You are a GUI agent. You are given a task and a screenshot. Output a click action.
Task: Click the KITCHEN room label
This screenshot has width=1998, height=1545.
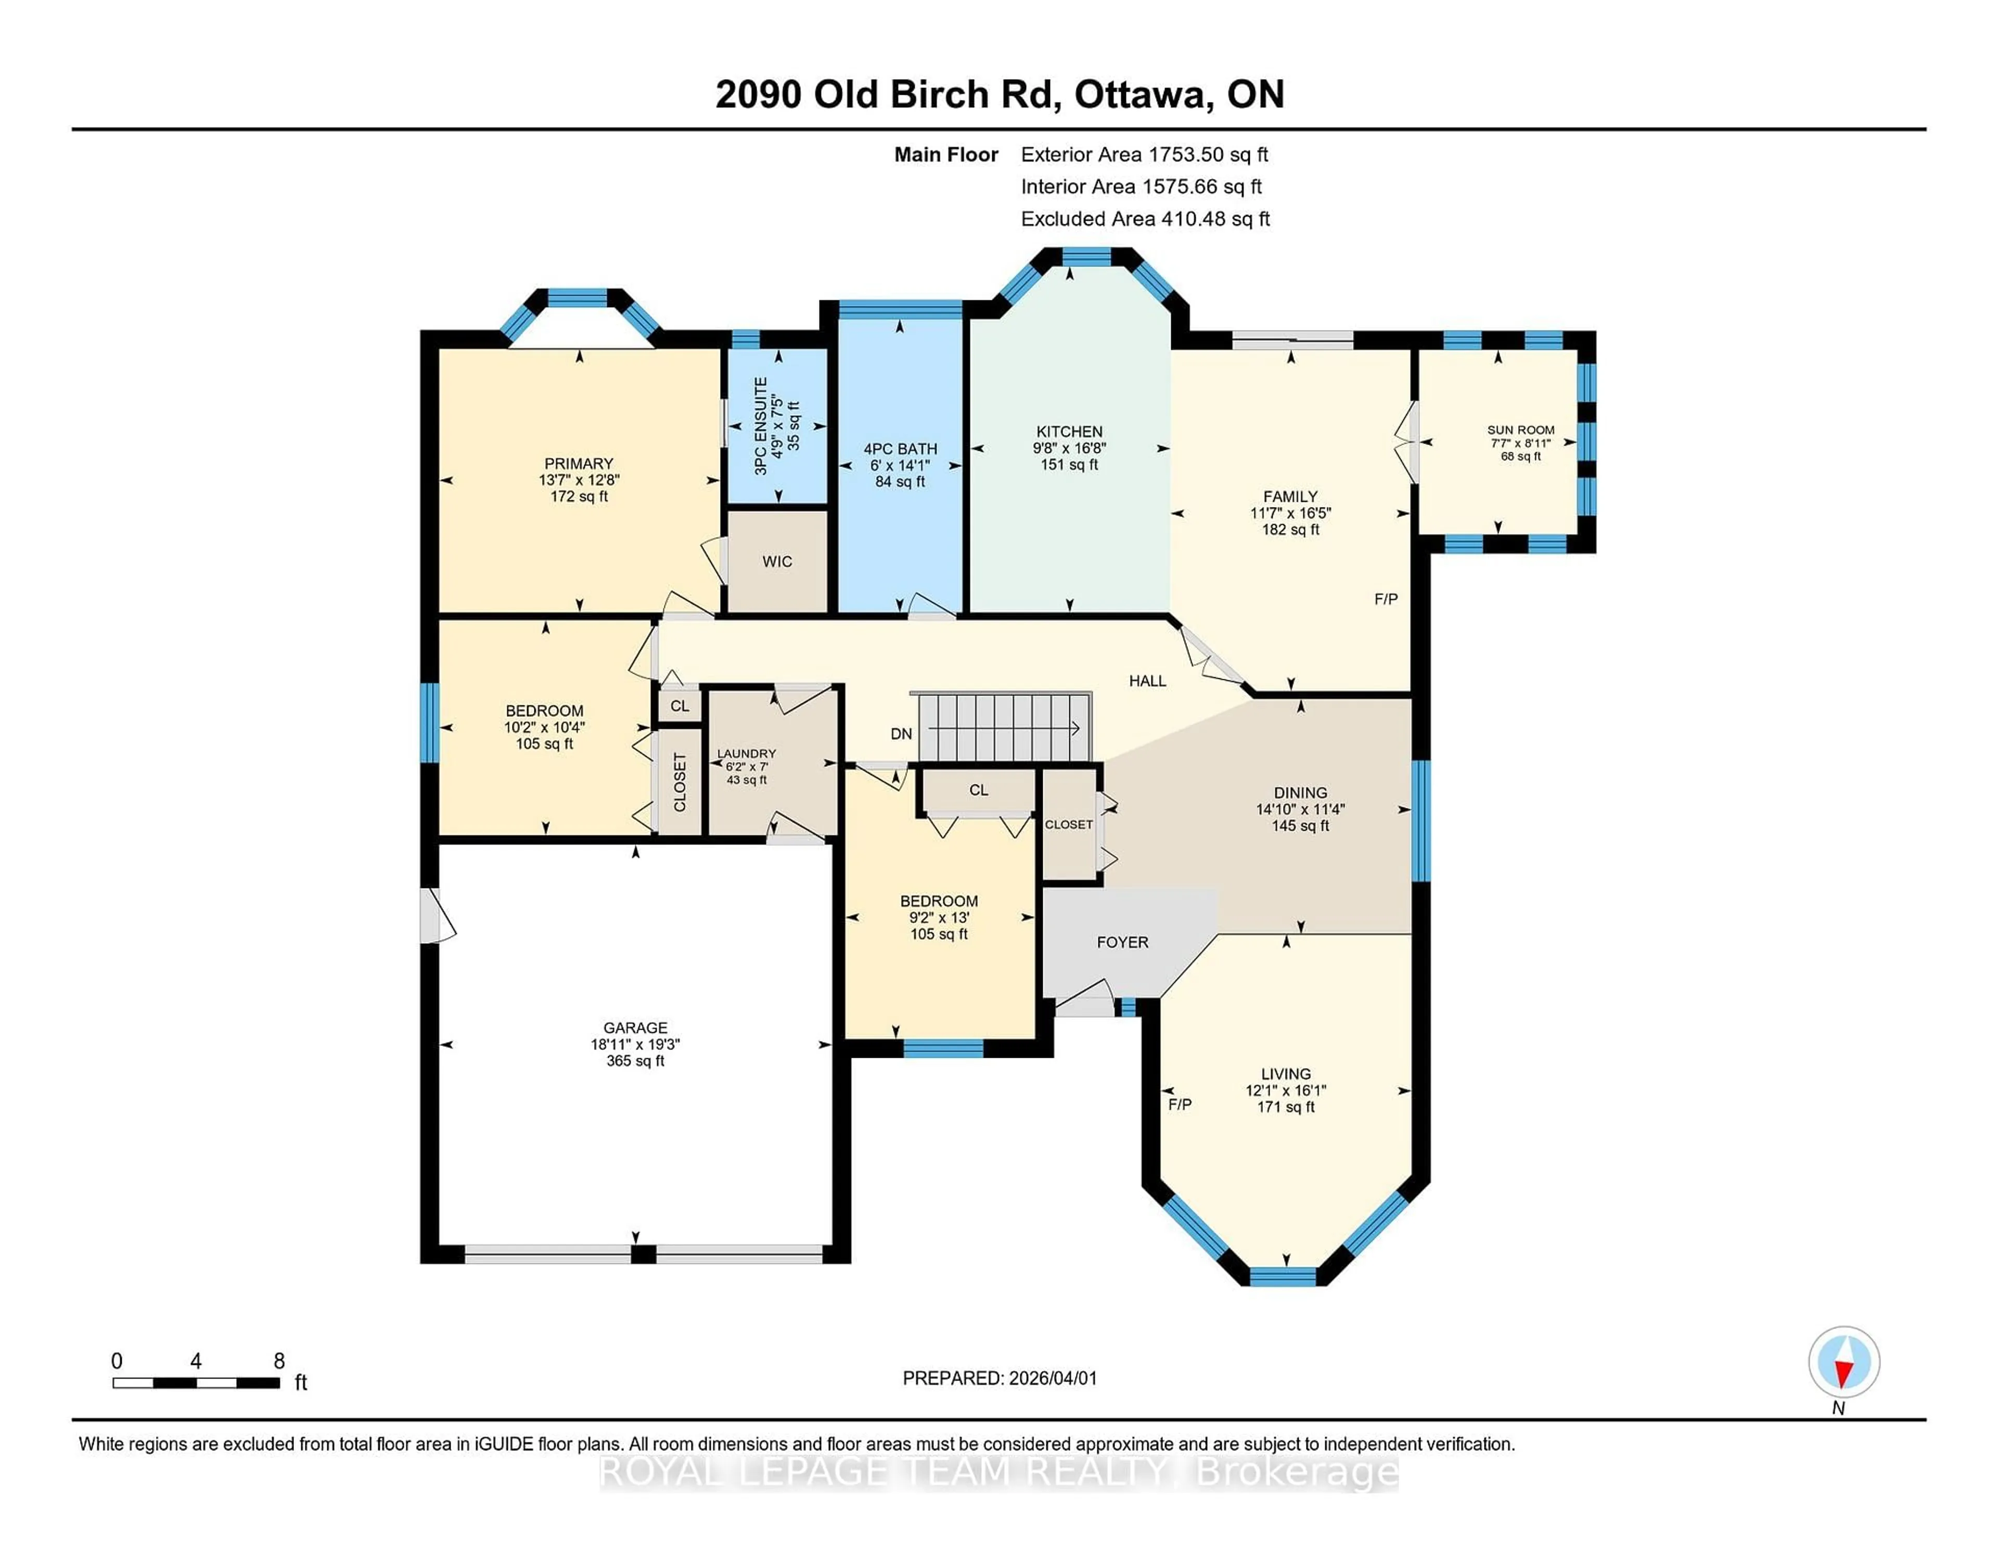[x=1069, y=431]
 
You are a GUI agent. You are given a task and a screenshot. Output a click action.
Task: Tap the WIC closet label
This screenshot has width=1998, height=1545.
[x=777, y=561]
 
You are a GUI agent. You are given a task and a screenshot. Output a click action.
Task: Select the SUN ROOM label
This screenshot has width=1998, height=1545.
[x=1520, y=429]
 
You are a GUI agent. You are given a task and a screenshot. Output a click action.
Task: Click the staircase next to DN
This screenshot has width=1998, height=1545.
[x=1005, y=728]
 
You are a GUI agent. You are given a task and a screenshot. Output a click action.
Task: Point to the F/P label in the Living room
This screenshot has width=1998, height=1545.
[x=1179, y=1105]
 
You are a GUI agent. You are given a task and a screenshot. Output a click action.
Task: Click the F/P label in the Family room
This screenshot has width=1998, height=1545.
[x=1385, y=599]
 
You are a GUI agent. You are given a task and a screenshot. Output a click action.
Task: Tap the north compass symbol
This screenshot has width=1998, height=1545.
[x=1843, y=1362]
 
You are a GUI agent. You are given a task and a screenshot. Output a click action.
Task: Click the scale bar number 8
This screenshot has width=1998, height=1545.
[x=279, y=1361]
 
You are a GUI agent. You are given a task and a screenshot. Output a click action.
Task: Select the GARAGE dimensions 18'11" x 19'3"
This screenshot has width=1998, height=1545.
[x=635, y=1044]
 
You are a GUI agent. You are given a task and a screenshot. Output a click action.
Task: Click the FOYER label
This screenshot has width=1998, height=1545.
[x=1122, y=942]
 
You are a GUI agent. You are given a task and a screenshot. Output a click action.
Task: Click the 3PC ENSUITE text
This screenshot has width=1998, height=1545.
[x=760, y=426]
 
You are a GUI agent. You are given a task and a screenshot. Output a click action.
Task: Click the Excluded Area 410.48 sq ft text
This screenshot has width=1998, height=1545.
[x=1145, y=219]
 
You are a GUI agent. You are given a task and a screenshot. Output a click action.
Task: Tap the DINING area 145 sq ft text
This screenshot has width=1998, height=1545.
[x=1299, y=826]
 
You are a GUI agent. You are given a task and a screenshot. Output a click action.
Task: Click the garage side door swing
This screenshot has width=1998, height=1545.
[x=437, y=915]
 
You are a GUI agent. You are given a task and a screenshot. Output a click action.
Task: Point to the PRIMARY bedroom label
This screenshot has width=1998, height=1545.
[x=578, y=463]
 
